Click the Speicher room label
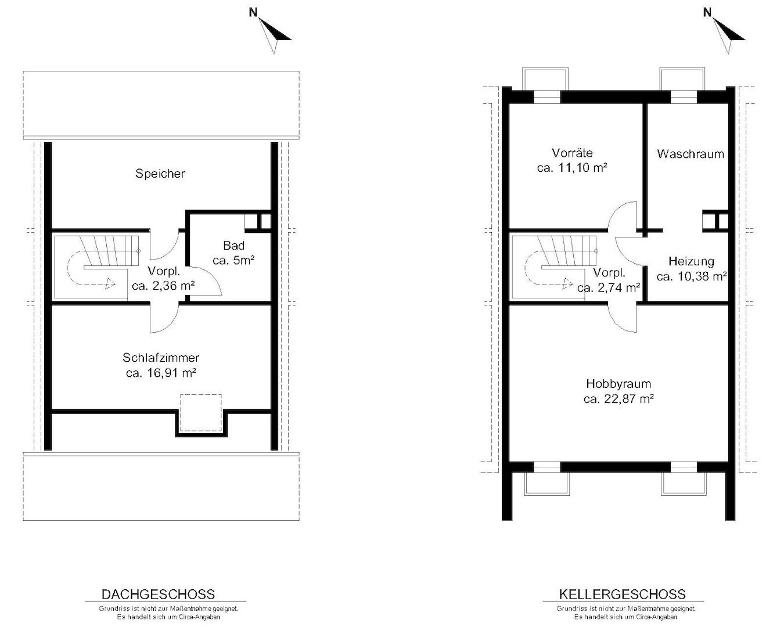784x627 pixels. [x=160, y=174]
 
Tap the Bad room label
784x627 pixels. [x=233, y=246]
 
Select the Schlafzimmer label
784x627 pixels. [x=161, y=358]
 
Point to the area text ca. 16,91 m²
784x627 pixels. [x=161, y=373]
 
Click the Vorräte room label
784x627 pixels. [x=572, y=153]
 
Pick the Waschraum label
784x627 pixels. [x=691, y=154]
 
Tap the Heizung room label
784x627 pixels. [x=691, y=261]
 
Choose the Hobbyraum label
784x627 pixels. [x=618, y=384]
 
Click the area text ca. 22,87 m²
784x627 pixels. [x=618, y=399]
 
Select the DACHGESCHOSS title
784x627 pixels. [x=158, y=594]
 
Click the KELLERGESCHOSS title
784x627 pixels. [x=622, y=594]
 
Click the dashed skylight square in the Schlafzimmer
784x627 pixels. [x=201, y=413]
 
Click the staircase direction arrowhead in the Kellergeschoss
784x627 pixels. [x=568, y=284]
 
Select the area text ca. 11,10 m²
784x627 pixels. [x=572, y=168]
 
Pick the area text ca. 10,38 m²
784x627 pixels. [x=692, y=276]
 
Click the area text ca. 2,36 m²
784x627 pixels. [x=163, y=286]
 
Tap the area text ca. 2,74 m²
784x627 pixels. [x=609, y=288]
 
